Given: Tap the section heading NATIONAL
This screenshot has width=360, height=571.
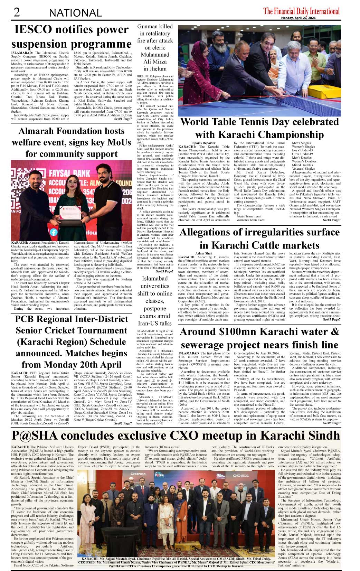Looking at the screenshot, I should click(75, 13).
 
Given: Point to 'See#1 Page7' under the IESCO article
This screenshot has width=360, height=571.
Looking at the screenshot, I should click(123, 119).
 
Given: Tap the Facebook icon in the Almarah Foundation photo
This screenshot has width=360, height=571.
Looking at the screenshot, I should click(54, 233).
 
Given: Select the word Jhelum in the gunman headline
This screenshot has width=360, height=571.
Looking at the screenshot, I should click(155, 69).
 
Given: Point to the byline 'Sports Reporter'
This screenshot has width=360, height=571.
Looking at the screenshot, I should click(204, 143).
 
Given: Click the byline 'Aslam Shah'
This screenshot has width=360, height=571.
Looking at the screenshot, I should click(204, 253).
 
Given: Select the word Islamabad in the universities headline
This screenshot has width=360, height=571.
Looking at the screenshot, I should click(155, 279).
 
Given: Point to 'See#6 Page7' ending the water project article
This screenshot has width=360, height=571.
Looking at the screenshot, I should click(332, 423).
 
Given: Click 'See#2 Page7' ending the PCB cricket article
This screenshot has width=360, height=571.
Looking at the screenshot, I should click(123, 423).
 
